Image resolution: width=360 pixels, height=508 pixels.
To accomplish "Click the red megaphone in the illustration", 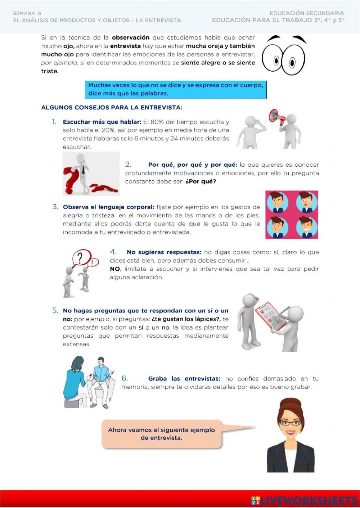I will pos(277,117).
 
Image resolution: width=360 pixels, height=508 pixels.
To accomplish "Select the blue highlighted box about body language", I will pos(176,89).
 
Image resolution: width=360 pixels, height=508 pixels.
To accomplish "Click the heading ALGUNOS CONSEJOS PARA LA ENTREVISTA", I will pos(112,107).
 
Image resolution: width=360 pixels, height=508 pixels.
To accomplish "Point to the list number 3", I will pos(55,207).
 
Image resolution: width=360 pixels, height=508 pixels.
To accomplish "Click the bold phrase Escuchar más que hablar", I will pos(102,122).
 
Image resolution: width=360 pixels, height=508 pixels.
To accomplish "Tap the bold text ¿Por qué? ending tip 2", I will pos(201,181).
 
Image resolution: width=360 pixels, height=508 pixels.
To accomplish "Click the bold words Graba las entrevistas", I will pos(184,379).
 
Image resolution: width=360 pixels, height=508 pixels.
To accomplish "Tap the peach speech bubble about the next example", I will pos(161,434).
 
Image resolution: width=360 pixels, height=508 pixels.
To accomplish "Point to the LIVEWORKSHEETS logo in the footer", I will pos(304,500).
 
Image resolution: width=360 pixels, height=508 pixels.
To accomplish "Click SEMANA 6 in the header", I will pos(27,13).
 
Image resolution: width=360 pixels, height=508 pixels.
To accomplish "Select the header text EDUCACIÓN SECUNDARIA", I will pos(307,13).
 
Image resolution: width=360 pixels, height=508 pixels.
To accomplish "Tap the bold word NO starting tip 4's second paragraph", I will pos(115,269).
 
